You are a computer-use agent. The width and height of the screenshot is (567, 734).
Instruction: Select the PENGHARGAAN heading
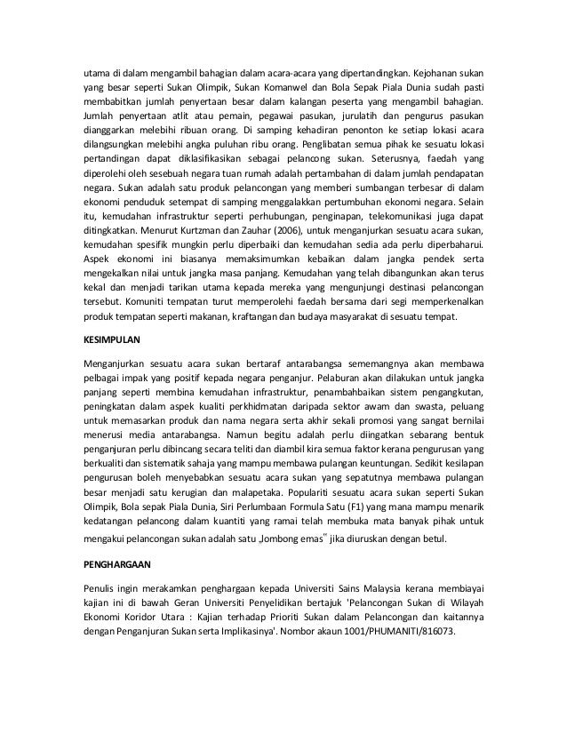coord(113,563)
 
